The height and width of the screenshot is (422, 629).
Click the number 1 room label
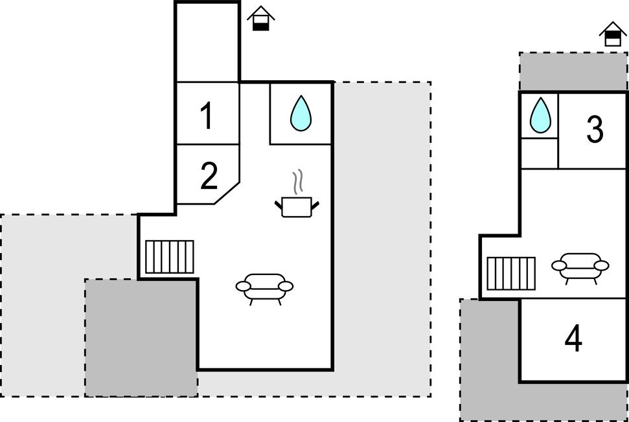tap(207, 117)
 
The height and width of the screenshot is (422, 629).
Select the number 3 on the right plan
tap(595, 129)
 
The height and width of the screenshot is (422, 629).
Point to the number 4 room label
tap(573, 339)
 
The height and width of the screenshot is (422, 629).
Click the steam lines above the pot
tap(297, 183)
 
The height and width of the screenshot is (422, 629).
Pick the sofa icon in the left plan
tap(264, 287)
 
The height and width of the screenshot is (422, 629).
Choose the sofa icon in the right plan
tap(580, 266)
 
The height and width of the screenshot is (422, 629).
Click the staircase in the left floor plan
tap(169, 257)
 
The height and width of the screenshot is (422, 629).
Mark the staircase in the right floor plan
tap(510, 273)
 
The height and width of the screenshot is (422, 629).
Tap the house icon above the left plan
tap(260, 18)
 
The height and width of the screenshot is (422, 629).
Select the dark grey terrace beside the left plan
tap(140, 338)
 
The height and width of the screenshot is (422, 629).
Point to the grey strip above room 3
tap(573, 71)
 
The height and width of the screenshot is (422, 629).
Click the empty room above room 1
tap(207, 42)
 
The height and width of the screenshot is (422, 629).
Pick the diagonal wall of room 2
tap(227, 193)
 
